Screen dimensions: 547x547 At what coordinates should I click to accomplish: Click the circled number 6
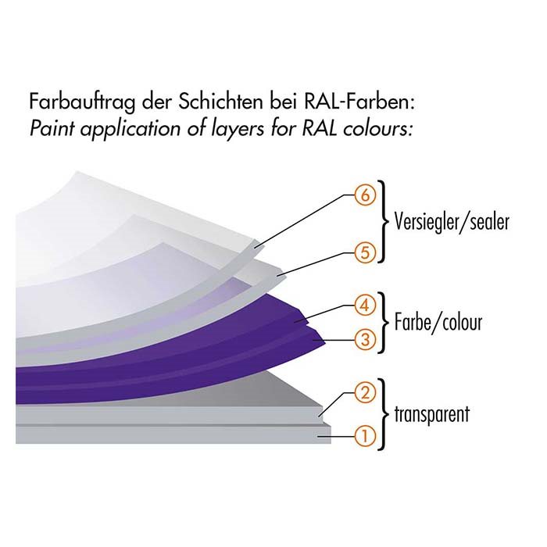pos(365,195)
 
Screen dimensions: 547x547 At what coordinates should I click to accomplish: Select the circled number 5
pos(365,252)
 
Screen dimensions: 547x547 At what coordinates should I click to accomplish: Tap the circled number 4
pos(365,306)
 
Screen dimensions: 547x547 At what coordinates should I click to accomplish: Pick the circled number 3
pos(365,339)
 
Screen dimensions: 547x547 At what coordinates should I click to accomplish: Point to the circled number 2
pos(365,393)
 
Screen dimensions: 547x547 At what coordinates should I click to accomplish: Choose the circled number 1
pos(365,436)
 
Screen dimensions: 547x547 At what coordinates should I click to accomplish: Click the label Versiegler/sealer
pos(452,222)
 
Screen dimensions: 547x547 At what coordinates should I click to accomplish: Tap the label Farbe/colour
pos(438,322)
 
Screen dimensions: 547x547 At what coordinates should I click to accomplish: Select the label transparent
pos(432,414)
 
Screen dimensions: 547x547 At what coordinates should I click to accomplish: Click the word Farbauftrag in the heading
pos(81,102)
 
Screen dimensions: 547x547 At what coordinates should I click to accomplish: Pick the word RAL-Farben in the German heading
pos(359,102)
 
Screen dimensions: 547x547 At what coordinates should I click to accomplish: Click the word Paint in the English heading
pos(52,128)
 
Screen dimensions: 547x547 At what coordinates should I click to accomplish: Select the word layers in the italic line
pos(238,130)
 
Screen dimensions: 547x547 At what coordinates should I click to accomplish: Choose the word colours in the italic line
pos(376,128)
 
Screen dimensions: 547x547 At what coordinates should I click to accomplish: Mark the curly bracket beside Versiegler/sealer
pos(384,222)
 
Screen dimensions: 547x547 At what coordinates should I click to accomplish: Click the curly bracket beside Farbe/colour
pos(384,322)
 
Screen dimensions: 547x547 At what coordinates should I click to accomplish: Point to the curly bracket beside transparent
pos(384,414)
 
